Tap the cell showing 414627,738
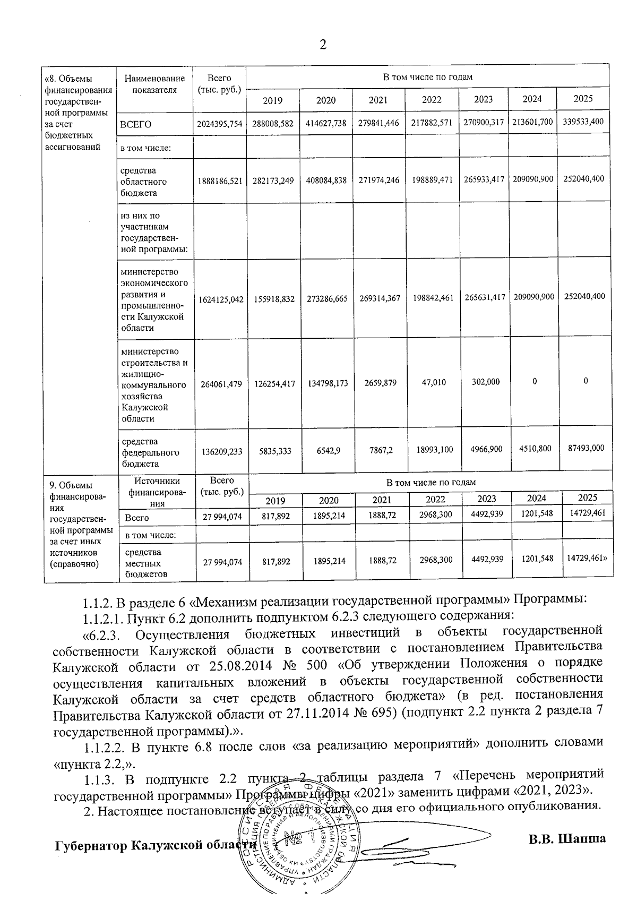point(326,123)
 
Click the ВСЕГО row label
point(136,124)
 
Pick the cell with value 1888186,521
point(219,181)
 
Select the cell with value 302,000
point(486,382)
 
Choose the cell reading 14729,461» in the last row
point(587,558)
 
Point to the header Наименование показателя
point(154,84)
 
